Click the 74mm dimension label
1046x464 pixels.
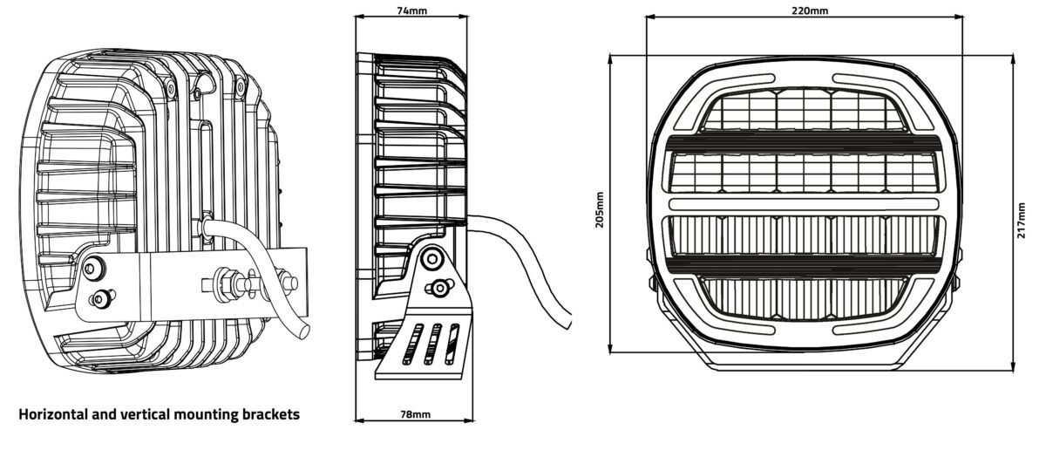[411, 10]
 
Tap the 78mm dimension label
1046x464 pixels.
[415, 414]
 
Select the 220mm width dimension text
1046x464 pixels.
[810, 10]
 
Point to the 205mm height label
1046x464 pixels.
[600, 209]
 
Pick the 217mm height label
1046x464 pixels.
[1022, 220]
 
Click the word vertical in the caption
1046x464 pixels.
[146, 414]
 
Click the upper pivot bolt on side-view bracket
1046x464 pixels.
[432, 258]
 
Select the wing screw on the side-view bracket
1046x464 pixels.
[439, 287]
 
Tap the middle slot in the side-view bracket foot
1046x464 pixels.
[432, 345]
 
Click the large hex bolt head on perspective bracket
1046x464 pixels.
[94, 269]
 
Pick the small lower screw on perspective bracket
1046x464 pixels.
[102, 297]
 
